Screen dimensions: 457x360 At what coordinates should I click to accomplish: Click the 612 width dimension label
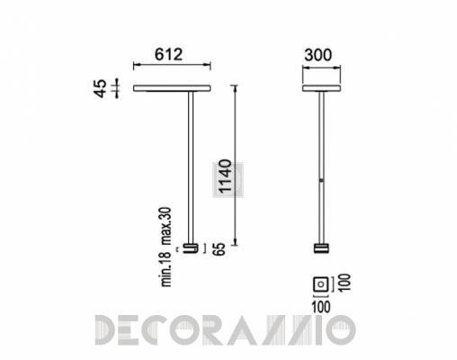168,55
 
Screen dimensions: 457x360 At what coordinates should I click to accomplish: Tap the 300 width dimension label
318,55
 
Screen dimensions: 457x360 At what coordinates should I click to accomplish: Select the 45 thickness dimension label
101,88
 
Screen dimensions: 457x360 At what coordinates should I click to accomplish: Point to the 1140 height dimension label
226,175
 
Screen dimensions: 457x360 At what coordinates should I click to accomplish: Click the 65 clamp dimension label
220,249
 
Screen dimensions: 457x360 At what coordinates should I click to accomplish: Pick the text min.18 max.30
166,247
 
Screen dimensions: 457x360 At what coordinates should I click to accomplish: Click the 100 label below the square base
321,307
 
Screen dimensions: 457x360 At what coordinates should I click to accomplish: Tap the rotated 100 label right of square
345,283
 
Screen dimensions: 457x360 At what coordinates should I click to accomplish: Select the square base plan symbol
321,283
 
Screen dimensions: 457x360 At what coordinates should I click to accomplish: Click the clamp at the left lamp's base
191,248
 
